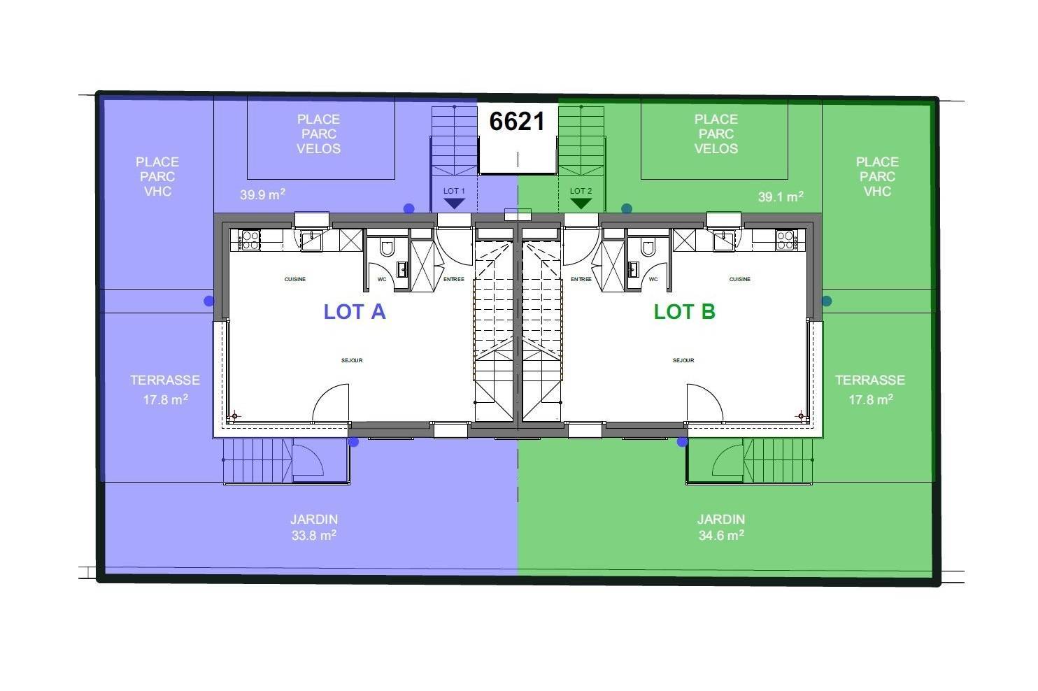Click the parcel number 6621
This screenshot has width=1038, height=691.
point(517,122)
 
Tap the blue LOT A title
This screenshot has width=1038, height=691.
point(355,312)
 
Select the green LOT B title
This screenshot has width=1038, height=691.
point(685,312)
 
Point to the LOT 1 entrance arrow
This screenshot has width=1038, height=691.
point(454,204)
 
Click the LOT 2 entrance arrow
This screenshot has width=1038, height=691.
point(581,204)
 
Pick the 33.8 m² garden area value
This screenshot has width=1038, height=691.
point(314,535)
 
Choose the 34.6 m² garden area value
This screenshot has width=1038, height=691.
point(721,535)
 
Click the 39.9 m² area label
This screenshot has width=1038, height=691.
point(262,194)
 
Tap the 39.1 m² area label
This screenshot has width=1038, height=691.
point(781,197)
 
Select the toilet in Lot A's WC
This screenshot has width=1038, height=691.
point(387,248)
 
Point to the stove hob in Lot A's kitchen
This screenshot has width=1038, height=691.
point(249,241)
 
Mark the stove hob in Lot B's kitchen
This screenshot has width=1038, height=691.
point(786,241)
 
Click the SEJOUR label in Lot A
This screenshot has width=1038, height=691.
point(352,360)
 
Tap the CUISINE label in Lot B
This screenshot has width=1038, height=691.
point(739,279)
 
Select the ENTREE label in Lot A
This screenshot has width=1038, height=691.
point(454,279)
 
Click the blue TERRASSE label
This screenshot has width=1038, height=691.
point(165,380)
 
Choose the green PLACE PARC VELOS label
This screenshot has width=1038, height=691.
point(716,134)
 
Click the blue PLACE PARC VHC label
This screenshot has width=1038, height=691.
point(157,176)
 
